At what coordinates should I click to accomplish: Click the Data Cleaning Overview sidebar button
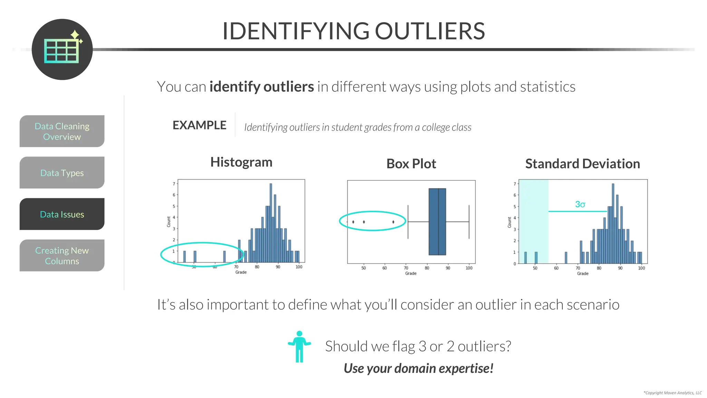(62, 131)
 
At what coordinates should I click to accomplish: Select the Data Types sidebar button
(62, 173)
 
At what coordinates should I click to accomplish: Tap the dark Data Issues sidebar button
(62, 214)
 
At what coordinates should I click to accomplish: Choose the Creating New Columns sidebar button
(62, 256)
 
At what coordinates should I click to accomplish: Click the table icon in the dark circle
(62, 51)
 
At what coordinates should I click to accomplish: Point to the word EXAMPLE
(199, 125)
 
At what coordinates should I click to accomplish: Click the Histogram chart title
(241, 162)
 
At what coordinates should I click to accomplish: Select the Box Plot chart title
(411, 164)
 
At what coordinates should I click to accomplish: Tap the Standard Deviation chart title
(582, 164)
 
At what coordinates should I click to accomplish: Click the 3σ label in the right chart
(580, 204)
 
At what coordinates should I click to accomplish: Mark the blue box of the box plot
(437, 221)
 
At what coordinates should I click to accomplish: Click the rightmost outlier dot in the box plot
(393, 222)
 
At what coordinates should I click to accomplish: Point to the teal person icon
(299, 347)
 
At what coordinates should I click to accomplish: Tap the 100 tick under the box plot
(469, 268)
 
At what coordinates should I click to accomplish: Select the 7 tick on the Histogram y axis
(174, 184)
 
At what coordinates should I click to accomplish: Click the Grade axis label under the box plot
(410, 273)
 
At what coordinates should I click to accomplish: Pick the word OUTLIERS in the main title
(430, 31)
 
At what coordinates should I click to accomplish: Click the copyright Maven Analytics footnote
(672, 393)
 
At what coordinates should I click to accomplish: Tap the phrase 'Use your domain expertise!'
(418, 368)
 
